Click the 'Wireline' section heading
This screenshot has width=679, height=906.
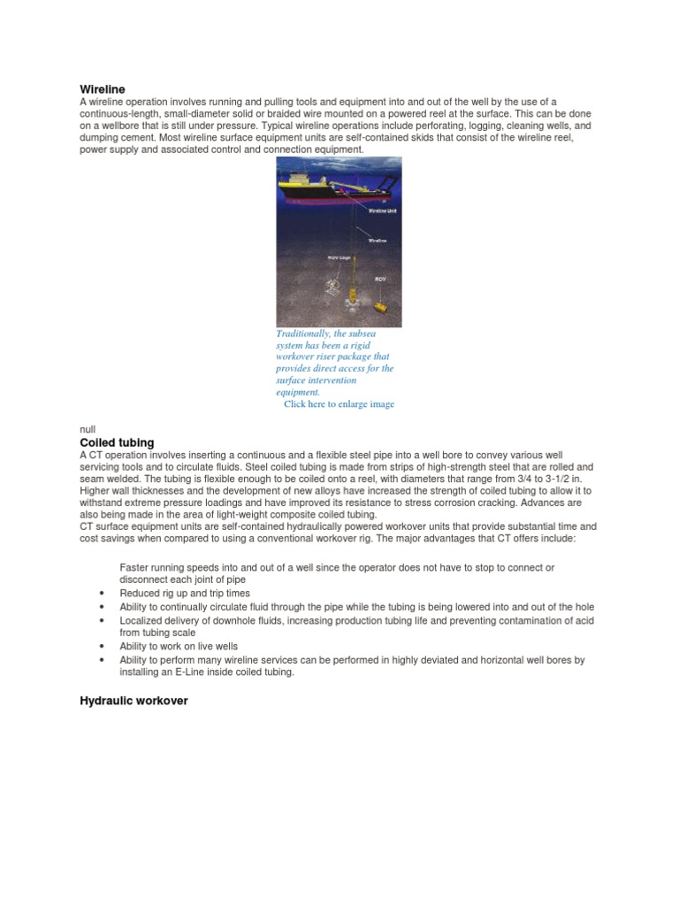[103, 89]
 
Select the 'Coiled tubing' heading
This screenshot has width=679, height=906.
[117, 442]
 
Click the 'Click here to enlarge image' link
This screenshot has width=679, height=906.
[339, 404]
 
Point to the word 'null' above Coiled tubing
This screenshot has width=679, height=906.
[88, 429]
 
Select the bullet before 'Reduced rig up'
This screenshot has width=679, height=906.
[103, 594]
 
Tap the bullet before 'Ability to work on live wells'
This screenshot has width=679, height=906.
[103, 647]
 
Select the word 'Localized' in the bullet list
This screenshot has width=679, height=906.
[141, 620]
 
